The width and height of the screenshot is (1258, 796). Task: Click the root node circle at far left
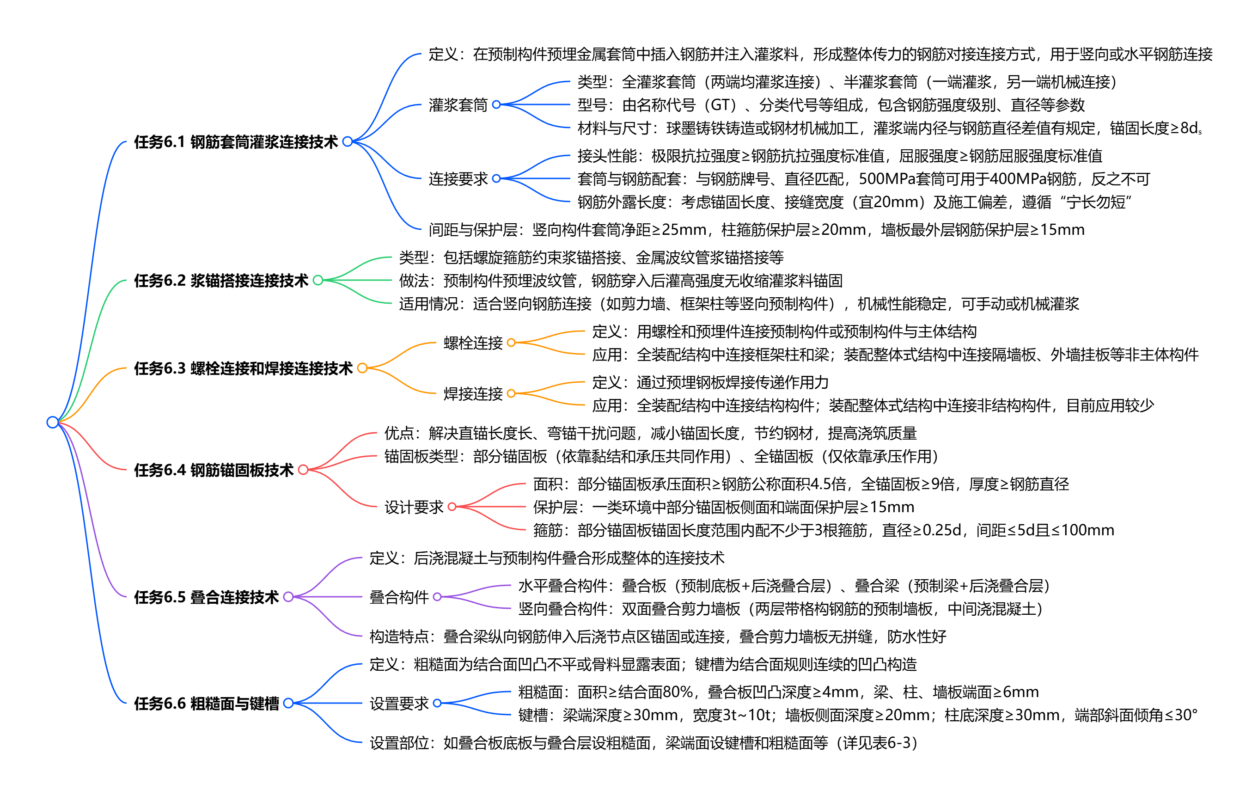point(52,422)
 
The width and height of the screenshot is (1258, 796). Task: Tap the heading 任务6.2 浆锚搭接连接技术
point(221,281)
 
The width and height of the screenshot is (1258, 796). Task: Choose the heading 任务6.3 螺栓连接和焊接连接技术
point(243,368)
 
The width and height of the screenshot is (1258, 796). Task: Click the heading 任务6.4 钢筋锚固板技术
point(214,470)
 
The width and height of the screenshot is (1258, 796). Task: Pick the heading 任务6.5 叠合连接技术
point(207,597)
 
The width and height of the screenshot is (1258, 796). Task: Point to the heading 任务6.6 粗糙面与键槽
point(207,704)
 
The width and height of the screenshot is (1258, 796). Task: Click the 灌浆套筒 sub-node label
point(458,105)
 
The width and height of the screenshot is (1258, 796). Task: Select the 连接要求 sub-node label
point(458,179)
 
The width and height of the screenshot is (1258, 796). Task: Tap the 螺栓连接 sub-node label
point(473,343)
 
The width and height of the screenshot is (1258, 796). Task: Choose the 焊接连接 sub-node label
point(473,393)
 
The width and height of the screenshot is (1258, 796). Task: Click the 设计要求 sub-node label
point(414,507)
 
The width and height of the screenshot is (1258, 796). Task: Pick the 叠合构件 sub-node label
point(399,597)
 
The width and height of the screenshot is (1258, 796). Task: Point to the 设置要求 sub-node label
point(399,704)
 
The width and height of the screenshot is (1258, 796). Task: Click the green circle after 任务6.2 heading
point(318,281)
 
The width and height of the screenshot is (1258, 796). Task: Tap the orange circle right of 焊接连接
point(511,393)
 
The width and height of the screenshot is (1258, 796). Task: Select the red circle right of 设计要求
point(452,507)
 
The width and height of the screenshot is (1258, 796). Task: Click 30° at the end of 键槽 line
point(1185,715)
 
